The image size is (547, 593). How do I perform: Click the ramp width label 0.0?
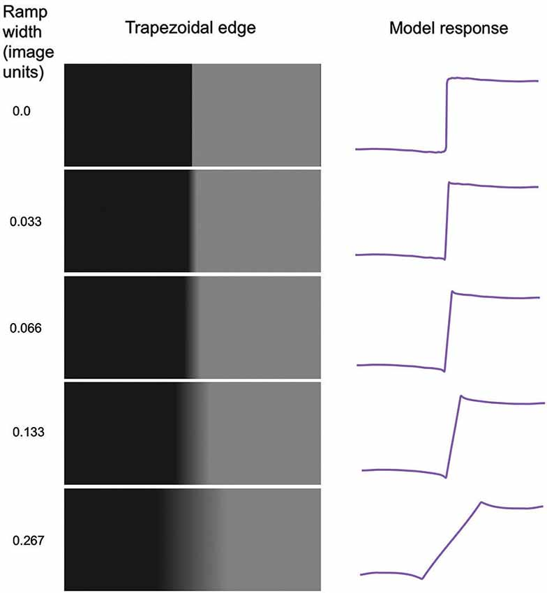[21, 110]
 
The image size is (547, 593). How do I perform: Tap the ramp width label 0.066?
[26, 328]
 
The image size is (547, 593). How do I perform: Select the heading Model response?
[449, 29]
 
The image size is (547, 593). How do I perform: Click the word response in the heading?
[480, 29]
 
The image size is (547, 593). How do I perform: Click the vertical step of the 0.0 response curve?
[446, 115]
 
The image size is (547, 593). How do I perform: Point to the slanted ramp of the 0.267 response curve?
[451, 541]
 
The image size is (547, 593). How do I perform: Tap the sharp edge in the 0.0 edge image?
[191, 115]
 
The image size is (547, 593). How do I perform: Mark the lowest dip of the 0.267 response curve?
[421, 578]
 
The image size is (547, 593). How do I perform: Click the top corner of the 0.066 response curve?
[452, 292]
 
